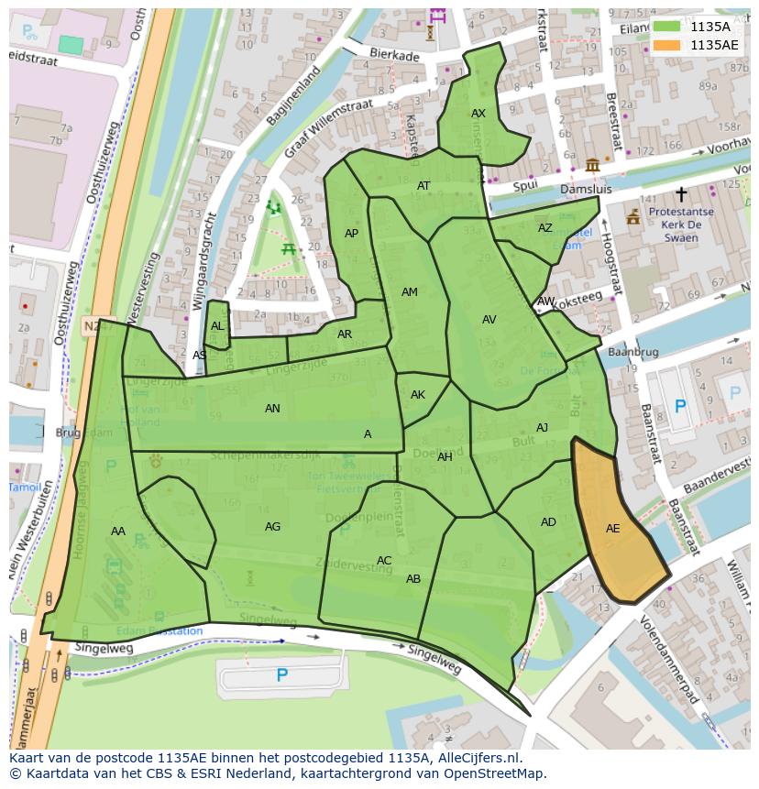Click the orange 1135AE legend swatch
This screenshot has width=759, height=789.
666,45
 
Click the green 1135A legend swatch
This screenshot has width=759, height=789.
666,27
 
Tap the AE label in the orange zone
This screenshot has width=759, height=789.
613,529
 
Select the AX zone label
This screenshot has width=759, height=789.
478,114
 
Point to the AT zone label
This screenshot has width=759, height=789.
423,186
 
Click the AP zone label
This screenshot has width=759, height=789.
351,234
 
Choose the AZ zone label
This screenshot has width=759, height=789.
545,228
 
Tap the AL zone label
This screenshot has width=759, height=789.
217,326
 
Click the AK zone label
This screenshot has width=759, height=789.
418,395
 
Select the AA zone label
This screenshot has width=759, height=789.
118,531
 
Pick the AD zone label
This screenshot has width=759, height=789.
548,522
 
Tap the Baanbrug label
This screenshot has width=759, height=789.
633,351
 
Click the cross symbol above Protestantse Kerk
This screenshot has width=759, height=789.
681,194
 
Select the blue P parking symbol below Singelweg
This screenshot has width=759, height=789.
282,675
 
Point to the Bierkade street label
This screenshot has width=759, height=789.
394,56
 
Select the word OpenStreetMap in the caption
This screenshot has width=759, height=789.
491,773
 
